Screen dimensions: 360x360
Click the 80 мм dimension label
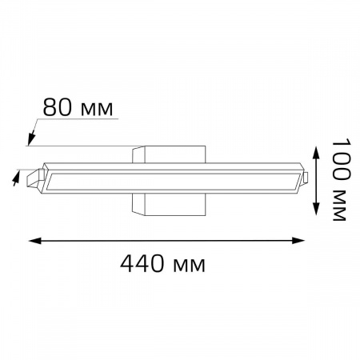[x=78, y=107]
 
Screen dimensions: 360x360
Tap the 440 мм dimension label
[x=162, y=264]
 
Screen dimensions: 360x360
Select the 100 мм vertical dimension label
[x=341, y=179]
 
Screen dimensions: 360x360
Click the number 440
[x=142, y=263]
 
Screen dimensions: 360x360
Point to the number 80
[x=57, y=107]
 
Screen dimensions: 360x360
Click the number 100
[x=341, y=159]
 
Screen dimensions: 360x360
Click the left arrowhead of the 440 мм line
[x=34, y=241]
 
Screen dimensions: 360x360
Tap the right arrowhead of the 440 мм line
[x=298, y=241]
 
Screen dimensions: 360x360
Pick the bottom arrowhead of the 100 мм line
[x=316, y=209]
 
